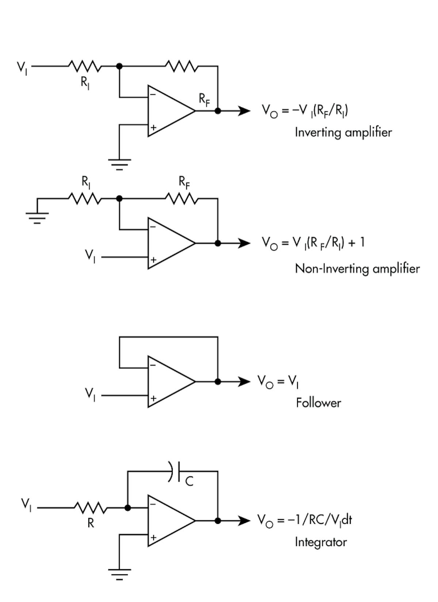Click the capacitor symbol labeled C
coord(174,471)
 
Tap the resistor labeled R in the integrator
coord(91,508)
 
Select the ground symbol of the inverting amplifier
coord(119,164)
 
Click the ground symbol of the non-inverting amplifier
coord(37,218)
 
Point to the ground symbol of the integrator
coord(119,574)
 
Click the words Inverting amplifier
coord(343,132)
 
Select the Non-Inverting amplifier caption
coord(357,269)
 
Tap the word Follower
coord(318,403)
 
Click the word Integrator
coord(320,542)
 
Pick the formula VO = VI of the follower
coord(278,381)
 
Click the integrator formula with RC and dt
coord(304,520)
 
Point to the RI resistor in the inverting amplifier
coord(85,66)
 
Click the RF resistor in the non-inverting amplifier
coord(181,199)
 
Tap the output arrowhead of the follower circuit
coord(244,382)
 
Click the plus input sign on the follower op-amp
coord(153,398)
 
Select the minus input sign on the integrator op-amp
coord(153,504)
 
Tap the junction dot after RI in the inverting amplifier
coord(119,66)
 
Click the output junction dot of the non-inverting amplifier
coord(218,243)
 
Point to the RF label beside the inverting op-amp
coord(204,99)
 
